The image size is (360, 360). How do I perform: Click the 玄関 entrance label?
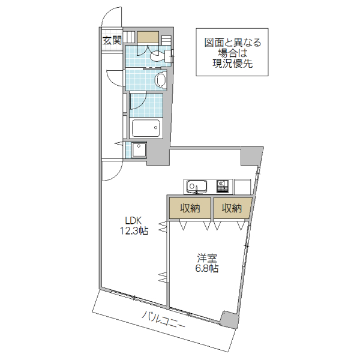pyautogui.click(x=112, y=41)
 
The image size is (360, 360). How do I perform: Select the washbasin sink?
pyautogui.click(x=160, y=80)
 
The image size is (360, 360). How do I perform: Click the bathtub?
pyautogui.click(x=146, y=128)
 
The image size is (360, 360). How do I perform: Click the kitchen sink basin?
pyautogui.click(x=196, y=187)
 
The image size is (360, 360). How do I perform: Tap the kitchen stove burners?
pyautogui.click(x=223, y=186)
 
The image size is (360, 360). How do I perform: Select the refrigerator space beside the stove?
pyautogui.click(x=242, y=187)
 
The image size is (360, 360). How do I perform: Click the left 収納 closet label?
pyautogui.click(x=189, y=209)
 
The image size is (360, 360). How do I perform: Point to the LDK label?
pyautogui.click(x=133, y=220)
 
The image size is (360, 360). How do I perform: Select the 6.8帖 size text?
pyautogui.click(x=206, y=269)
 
